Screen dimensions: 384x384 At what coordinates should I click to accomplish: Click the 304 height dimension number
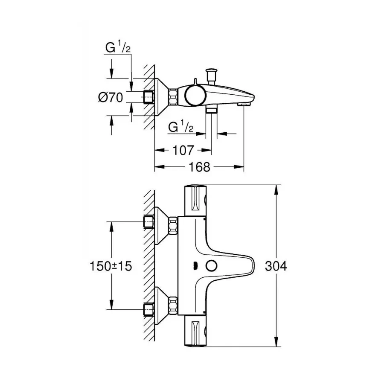pos(276,266)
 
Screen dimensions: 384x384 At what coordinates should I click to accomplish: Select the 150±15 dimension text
pos(111,266)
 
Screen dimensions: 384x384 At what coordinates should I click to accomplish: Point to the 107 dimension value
pos(183,150)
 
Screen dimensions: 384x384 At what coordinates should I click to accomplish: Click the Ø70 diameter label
pos(110,97)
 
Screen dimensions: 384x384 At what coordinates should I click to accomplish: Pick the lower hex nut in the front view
pos(173,306)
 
